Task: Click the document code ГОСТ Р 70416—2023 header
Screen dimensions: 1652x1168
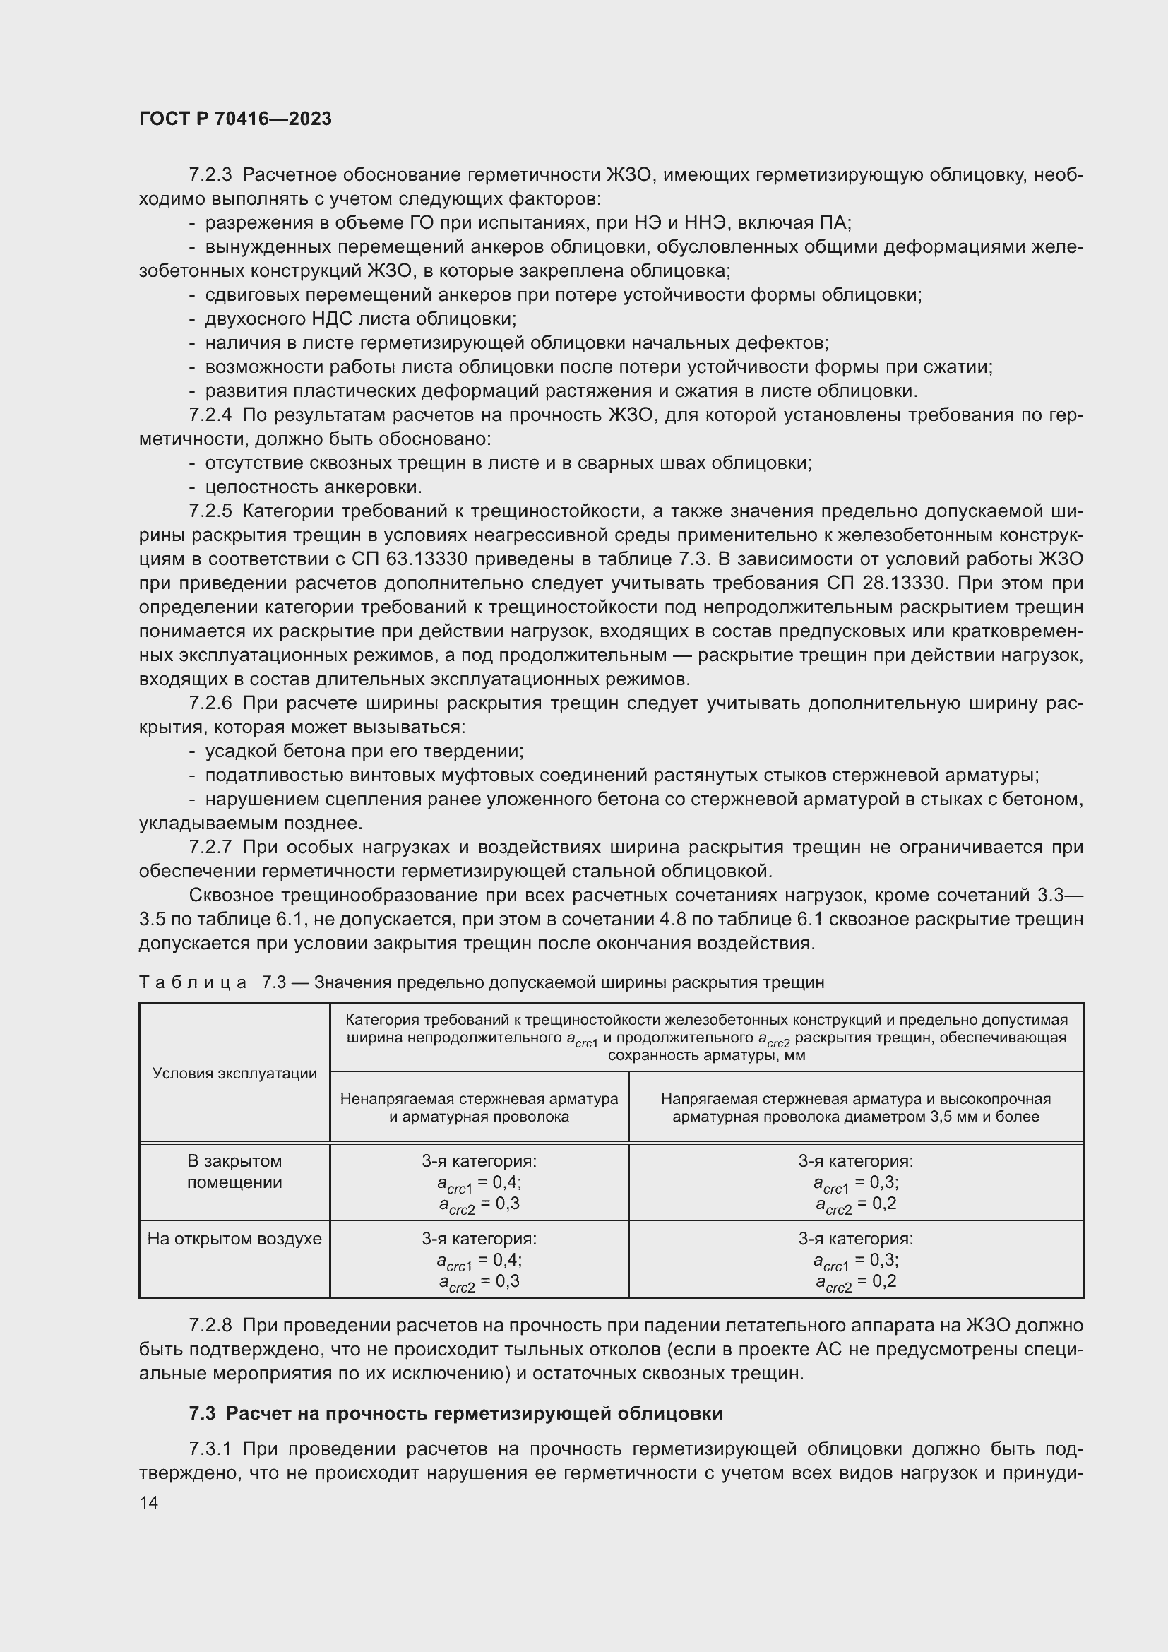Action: [235, 119]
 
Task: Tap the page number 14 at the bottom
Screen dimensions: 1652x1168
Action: [149, 1503]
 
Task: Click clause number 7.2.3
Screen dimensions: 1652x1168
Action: [210, 175]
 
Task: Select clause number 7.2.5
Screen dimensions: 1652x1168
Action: [210, 511]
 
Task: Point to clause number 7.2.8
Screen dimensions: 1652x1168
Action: [210, 1325]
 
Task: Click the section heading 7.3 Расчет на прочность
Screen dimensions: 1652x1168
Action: [455, 1413]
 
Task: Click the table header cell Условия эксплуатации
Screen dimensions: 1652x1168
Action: [234, 1074]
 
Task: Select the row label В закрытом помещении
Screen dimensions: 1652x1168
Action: [234, 1171]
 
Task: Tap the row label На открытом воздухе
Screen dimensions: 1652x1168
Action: [234, 1238]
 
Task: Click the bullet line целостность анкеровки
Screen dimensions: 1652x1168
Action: [313, 487]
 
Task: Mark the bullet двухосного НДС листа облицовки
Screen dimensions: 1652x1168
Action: [360, 319]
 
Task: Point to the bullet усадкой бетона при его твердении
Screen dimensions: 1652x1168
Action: [364, 751]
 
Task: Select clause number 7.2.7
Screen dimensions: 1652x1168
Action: [210, 847]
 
